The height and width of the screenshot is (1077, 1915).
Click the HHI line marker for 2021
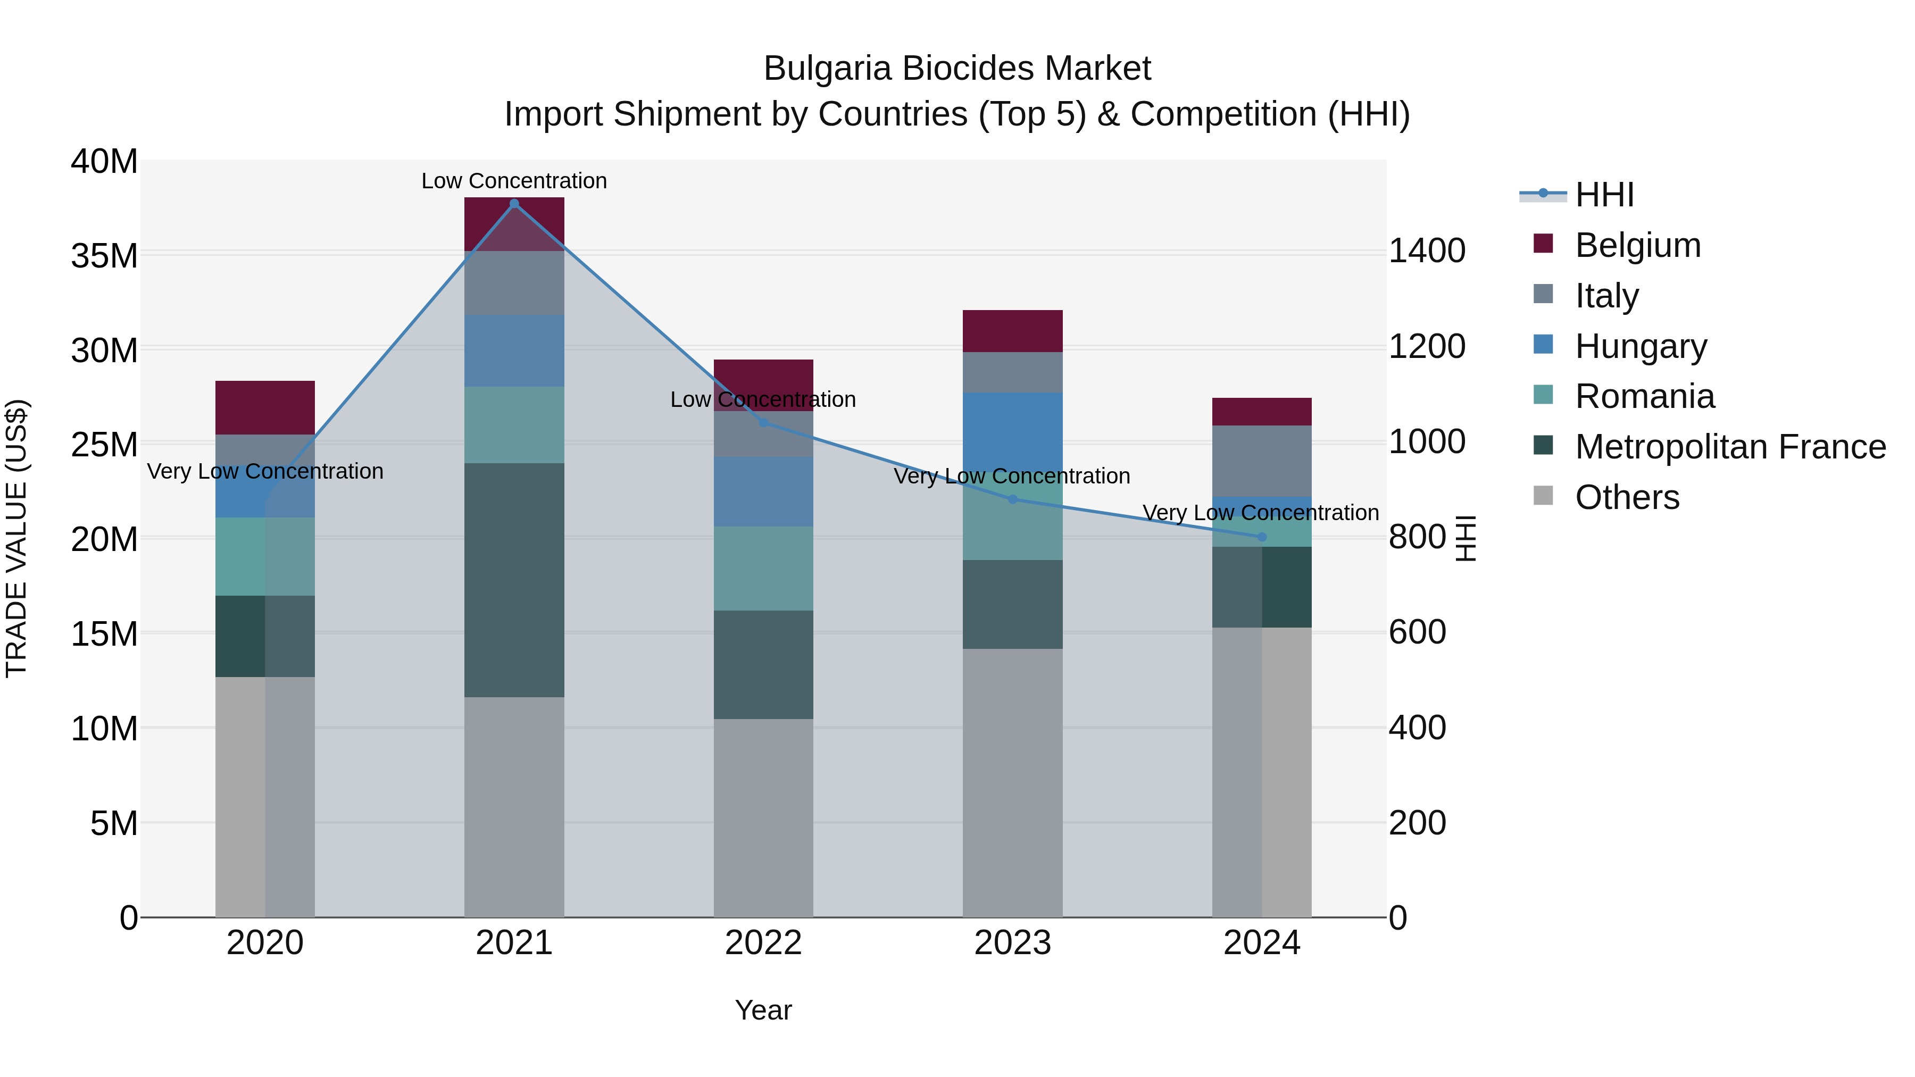pos(514,204)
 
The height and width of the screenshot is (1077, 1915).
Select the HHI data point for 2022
pos(763,422)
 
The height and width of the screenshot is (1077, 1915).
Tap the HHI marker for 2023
pos(1012,499)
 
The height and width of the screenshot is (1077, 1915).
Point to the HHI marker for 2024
pos(1262,537)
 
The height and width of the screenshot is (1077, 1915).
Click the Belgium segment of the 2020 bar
pos(265,407)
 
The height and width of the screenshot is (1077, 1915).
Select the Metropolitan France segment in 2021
pos(514,580)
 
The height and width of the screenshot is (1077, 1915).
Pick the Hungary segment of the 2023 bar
pos(1012,431)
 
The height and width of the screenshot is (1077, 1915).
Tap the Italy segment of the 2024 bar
pos(1262,461)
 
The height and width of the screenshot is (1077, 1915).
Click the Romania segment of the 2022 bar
pos(763,569)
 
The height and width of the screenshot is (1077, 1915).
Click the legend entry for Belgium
pos(1638,245)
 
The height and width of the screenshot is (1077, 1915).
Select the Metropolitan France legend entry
pos(1730,447)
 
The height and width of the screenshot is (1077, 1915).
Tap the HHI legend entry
pos(1604,195)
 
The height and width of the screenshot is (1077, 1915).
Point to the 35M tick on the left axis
pos(104,256)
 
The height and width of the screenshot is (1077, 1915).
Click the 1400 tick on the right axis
pos(1427,251)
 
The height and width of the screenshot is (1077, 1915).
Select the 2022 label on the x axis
pos(763,943)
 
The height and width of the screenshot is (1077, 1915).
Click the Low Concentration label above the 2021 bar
pos(514,181)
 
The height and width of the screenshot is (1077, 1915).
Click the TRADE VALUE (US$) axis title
pos(16,538)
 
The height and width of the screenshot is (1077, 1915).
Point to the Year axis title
pos(763,1010)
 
